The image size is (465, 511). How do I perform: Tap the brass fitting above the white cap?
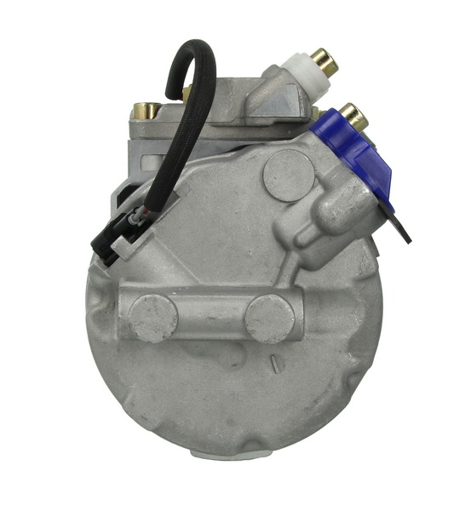pyautogui.click(x=324, y=59)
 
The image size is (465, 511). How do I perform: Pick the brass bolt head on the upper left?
pyautogui.click(x=146, y=110)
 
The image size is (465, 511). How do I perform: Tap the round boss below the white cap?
pyautogui.click(x=287, y=175)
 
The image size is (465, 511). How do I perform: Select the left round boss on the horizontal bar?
pyautogui.click(x=152, y=317)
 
